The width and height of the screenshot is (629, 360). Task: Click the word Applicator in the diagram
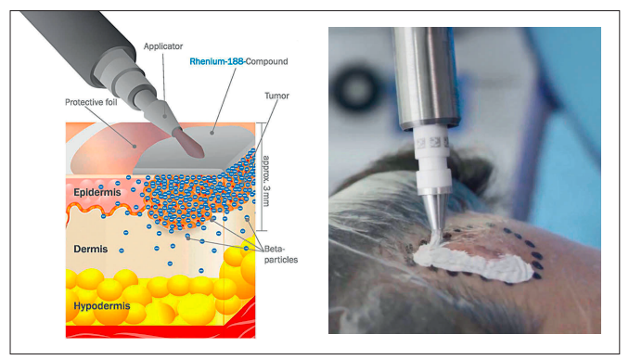(x=163, y=46)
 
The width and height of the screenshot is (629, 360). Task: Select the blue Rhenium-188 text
(x=217, y=61)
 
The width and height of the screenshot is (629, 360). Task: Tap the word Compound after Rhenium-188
(x=267, y=62)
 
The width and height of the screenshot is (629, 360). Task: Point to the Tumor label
(x=276, y=96)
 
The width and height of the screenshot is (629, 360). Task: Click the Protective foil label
(x=91, y=102)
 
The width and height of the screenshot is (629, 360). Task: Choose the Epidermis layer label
(x=97, y=192)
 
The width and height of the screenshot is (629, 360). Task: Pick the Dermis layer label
(x=91, y=250)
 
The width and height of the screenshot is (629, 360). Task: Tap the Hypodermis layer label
(x=102, y=306)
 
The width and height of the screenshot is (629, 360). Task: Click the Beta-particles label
(x=281, y=254)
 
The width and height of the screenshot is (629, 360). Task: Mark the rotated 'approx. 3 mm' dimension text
(x=265, y=181)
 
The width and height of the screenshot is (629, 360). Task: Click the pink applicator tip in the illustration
(x=189, y=144)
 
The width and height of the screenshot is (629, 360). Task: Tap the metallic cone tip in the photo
(x=434, y=212)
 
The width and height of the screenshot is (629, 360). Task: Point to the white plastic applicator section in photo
(x=431, y=161)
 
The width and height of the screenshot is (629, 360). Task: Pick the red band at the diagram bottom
(x=160, y=331)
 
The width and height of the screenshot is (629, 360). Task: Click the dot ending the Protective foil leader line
(x=135, y=147)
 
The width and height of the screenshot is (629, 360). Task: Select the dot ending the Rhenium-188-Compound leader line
(x=212, y=133)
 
